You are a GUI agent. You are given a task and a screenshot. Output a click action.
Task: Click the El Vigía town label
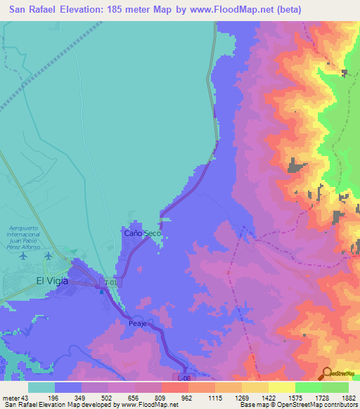click(x=55, y=280)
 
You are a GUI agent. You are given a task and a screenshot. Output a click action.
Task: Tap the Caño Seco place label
click(x=143, y=233)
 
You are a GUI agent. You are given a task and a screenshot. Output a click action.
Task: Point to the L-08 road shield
click(x=184, y=378)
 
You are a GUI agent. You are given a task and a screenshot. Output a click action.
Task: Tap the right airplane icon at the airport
click(x=49, y=255)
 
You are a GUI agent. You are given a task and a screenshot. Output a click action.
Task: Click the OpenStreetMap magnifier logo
click(x=327, y=373)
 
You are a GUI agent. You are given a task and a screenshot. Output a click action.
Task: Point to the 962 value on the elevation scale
click(x=186, y=397)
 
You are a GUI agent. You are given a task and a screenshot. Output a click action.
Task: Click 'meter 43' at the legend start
click(x=15, y=397)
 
